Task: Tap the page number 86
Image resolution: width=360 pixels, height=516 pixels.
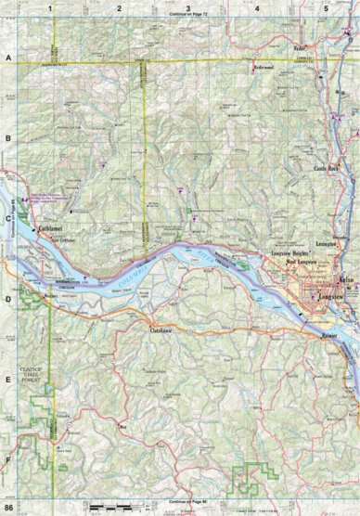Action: (x=8, y=509)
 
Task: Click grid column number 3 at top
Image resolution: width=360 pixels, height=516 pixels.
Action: (x=188, y=7)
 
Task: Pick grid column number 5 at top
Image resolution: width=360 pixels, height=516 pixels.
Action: (x=326, y=7)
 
